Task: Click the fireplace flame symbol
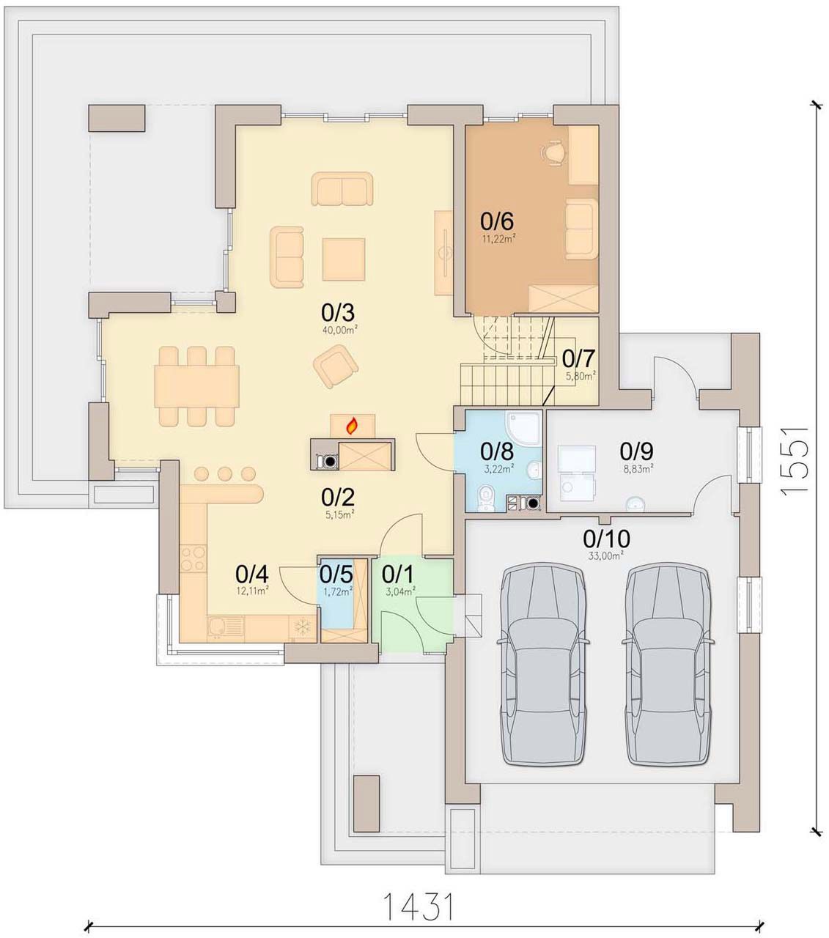352,426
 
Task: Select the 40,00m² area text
340,330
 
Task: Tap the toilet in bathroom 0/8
485,496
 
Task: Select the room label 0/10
606,539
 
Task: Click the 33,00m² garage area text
606,555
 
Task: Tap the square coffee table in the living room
344,259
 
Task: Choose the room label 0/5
336,575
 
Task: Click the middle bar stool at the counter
224,473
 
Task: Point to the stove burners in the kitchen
192,559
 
